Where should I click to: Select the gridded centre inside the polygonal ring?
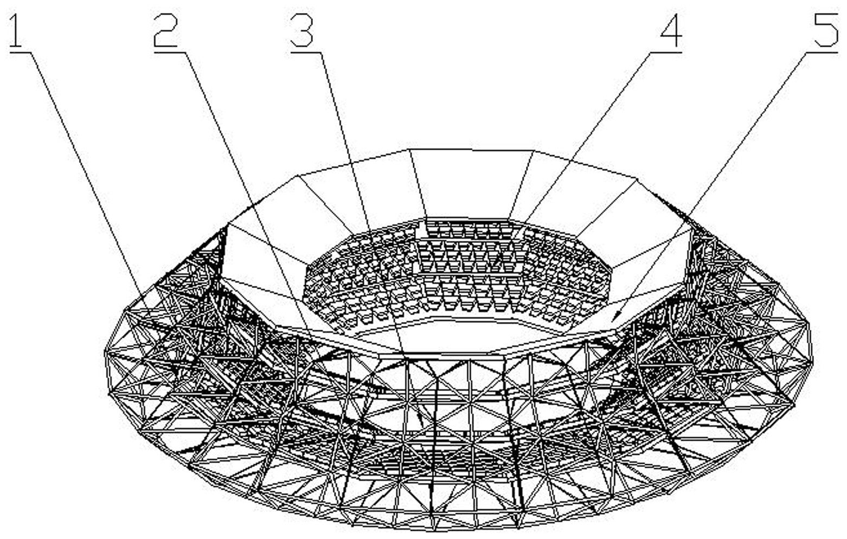coord(455,271)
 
